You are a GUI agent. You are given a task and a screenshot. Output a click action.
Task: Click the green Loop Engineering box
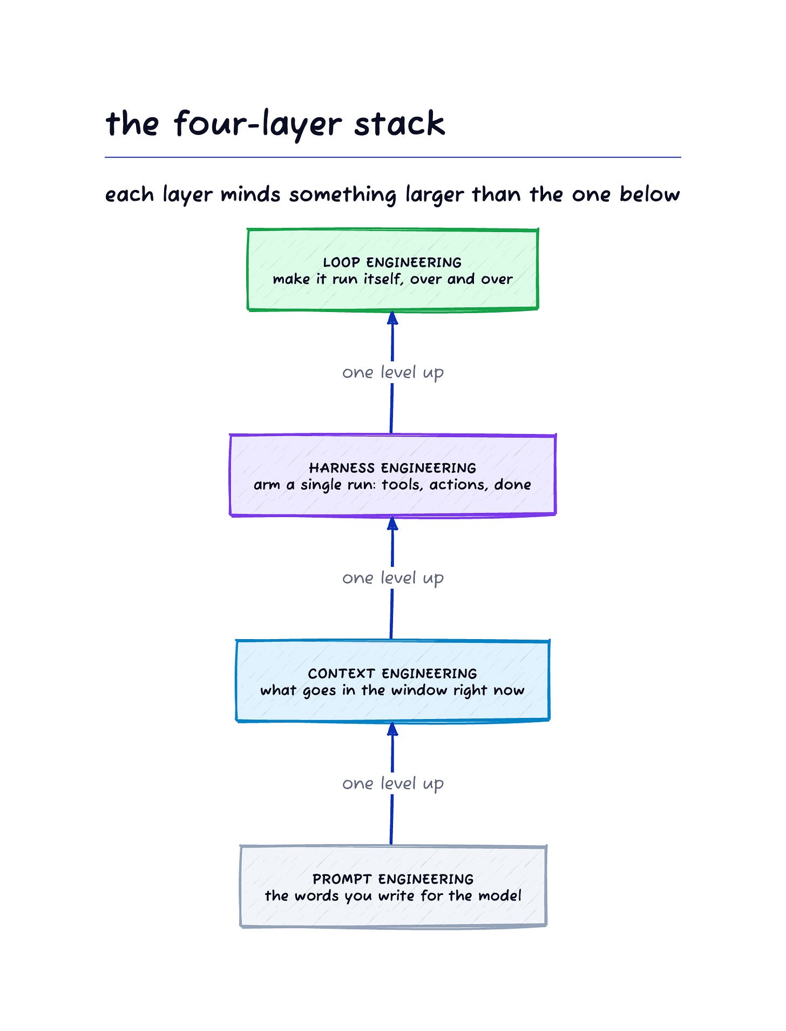point(392,270)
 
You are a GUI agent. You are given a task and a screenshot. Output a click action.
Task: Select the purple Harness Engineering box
point(392,475)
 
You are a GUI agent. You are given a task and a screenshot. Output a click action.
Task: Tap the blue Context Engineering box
point(392,681)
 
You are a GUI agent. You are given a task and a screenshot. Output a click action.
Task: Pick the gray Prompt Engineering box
point(392,886)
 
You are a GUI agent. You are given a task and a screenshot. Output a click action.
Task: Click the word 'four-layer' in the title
point(258,124)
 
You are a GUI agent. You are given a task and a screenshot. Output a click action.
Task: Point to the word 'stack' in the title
point(399,123)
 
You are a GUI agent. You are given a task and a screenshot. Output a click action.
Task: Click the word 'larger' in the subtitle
point(435,195)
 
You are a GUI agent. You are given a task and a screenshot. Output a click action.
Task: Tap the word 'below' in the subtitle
point(649,194)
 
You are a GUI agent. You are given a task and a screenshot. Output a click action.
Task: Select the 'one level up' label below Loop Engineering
point(393,372)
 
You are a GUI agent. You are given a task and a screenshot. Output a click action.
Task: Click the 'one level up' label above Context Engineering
point(393,578)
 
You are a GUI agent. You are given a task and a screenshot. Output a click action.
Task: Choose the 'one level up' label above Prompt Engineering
point(393,784)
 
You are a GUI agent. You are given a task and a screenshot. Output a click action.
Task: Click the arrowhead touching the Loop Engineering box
point(392,318)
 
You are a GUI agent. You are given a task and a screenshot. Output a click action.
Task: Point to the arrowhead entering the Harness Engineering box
point(392,524)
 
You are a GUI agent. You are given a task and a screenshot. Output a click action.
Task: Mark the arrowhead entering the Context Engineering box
point(392,729)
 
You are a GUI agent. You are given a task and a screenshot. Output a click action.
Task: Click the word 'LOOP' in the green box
point(341,262)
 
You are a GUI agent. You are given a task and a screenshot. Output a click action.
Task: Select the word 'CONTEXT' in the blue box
point(341,674)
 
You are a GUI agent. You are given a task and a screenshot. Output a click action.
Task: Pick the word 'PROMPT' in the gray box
point(342,879)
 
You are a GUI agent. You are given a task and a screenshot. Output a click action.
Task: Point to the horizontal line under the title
point(393,157)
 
